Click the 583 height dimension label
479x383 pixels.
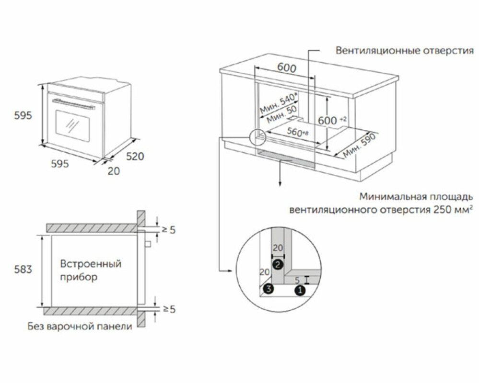pyautogui.click(x=23, y=269)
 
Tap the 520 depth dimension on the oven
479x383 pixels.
pyautogui.click(x=135, y=157)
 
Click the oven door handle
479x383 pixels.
pyautogui.click(x=74, y=104)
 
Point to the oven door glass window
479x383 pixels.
pyautogui.click(x=72, y=125)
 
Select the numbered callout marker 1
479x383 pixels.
pyautogui.click(x=300, y=290)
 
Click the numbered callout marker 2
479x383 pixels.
pyautogui.click(x=278, y=264)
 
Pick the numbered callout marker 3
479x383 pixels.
pyautogui.click(x=268, y=288)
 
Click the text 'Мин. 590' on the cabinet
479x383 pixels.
pyautogui.click(x=359, y=146)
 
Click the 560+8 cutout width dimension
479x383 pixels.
pyautogui.click(x=298, y=132)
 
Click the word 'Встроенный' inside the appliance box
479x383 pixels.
pyautogui.click(x=91, y=263)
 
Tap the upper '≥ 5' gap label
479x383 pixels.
pyautogui.click(x=169, y=230)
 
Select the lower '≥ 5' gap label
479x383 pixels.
pyautogui.click(x=169, y=309)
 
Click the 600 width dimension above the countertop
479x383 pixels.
pyautogui.click(x=287, y=68)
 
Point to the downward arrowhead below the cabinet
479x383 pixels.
pyautogui.click(x=279, y=183)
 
